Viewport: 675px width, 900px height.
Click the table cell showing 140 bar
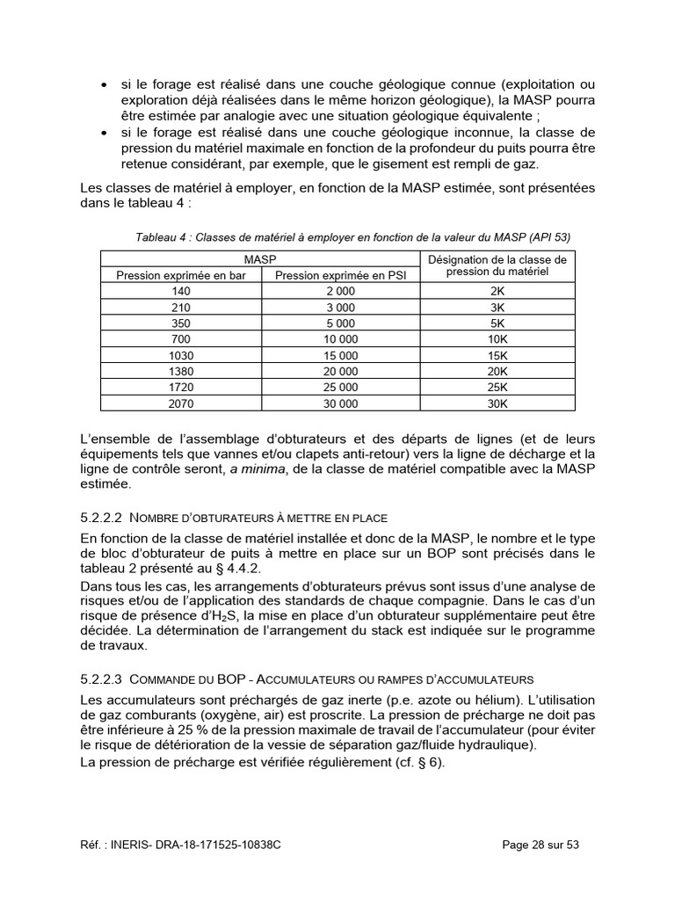point(182,291)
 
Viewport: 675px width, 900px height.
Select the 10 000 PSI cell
point(341,338)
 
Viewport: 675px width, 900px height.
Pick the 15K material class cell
point(497,355)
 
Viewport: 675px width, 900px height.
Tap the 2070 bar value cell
point(182,403)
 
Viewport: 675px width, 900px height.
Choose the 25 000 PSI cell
point(341,387)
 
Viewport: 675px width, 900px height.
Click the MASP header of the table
point(259,259)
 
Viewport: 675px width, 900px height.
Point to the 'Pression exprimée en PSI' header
point(341,275)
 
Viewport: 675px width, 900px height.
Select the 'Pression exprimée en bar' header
point(182,275)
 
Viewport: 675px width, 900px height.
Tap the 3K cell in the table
point(497,307)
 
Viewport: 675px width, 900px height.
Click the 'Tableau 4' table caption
point(352,237)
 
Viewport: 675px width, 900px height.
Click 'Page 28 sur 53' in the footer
point(541,845)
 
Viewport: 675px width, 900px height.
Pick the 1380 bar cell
point(182,371)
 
